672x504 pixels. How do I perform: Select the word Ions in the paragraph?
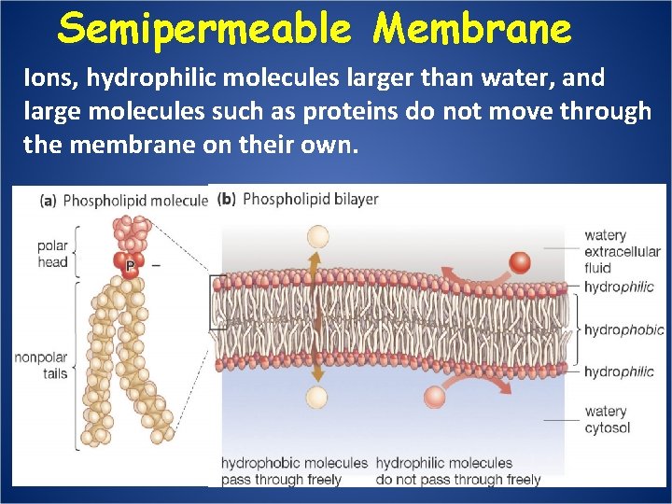click(x=46, y=78)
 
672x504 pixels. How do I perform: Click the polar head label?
click(x=52, y=254)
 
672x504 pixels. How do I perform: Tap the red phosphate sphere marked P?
click(x=131, y=265)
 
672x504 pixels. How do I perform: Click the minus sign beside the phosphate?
click(x=155, y=265)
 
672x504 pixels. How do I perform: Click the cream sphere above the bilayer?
click(x=318, y=236)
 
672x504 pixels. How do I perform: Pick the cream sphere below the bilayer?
click(x=317, y=398)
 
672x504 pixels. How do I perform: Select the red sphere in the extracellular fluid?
click(x=520, y=262)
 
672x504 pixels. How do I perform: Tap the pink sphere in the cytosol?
click(x=435, y=397)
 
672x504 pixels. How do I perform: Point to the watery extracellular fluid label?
click(x=622, y=251)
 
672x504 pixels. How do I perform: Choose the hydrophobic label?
click(x=623, y=329)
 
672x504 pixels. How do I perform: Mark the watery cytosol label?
click(x=607, y=420)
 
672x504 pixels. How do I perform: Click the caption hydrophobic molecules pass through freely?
click(x=294, y=471)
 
